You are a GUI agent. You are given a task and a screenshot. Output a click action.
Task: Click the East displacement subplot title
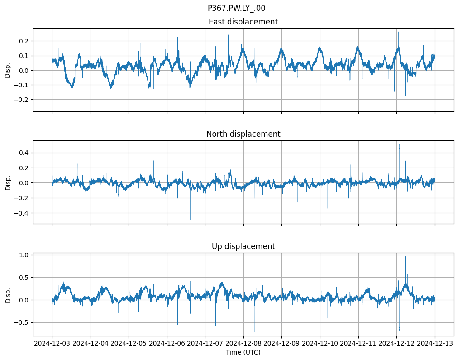coord(243,22)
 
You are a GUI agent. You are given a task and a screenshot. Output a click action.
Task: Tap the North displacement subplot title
coord(243,134)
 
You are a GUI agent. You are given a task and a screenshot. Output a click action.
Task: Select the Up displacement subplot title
coord(243,246)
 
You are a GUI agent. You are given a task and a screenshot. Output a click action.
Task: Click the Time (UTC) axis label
coord(243,352)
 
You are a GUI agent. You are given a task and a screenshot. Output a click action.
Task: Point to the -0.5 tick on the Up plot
coord(21,322)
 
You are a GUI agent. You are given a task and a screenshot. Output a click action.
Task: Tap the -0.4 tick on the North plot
coord(21,213)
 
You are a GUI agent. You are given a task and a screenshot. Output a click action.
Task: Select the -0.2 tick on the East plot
coord(21,99)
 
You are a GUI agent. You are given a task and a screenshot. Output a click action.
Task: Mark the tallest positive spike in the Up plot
coord(405,257)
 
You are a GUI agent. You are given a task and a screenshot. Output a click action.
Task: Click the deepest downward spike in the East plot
coord(339,107)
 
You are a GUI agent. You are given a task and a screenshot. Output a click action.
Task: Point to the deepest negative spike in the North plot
coord(191,220)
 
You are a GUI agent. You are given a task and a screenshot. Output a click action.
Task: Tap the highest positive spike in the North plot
coord(399,144)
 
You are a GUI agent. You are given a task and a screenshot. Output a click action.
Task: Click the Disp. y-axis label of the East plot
coord(8,70)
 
